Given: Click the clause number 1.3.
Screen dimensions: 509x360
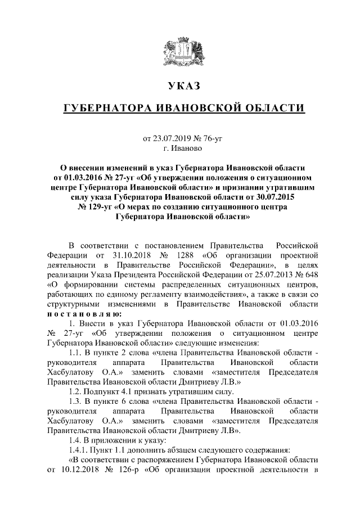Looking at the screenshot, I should (76, 402).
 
